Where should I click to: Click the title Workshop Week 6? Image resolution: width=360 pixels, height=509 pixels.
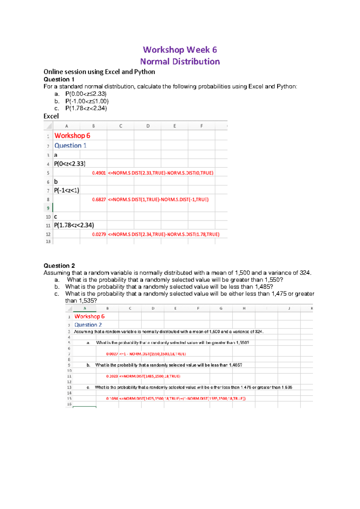click(180, 50)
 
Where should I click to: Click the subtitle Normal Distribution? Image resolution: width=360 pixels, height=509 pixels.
click(180, 61)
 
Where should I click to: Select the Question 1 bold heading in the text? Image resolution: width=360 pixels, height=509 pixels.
click(59, 79)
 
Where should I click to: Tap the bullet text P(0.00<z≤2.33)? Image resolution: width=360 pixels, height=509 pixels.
click(86, 94)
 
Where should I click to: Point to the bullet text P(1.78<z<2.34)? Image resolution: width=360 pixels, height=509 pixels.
click(86, 108)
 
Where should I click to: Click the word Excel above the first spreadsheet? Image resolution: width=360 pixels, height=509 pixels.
click(51, 116)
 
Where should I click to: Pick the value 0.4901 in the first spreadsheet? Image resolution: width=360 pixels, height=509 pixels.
click(99, 173)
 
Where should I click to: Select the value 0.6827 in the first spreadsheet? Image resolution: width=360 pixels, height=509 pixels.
click(99, 200)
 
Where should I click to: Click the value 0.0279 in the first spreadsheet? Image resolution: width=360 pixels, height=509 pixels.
click(99, 234)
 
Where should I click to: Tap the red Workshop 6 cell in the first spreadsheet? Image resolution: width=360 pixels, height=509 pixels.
click(72, 136)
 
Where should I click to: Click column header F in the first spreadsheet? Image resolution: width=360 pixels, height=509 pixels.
click(201, 126)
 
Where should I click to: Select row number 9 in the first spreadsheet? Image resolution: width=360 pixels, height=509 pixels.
click(48, 208)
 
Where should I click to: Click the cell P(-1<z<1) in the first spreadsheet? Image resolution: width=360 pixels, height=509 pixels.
click(67, 191)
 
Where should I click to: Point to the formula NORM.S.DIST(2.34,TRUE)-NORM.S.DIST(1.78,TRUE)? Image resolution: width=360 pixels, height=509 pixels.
click(163, 234)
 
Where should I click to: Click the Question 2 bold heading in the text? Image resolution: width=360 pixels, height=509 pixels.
click(59, 266)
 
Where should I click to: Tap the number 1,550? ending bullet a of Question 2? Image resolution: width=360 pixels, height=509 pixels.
click(274, 280)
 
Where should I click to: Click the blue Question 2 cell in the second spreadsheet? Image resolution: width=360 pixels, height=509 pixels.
click(88, 325)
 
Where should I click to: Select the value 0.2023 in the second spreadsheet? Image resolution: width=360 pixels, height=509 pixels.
click(112, 376)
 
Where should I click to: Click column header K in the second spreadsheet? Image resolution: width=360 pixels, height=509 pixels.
click(312, 308)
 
